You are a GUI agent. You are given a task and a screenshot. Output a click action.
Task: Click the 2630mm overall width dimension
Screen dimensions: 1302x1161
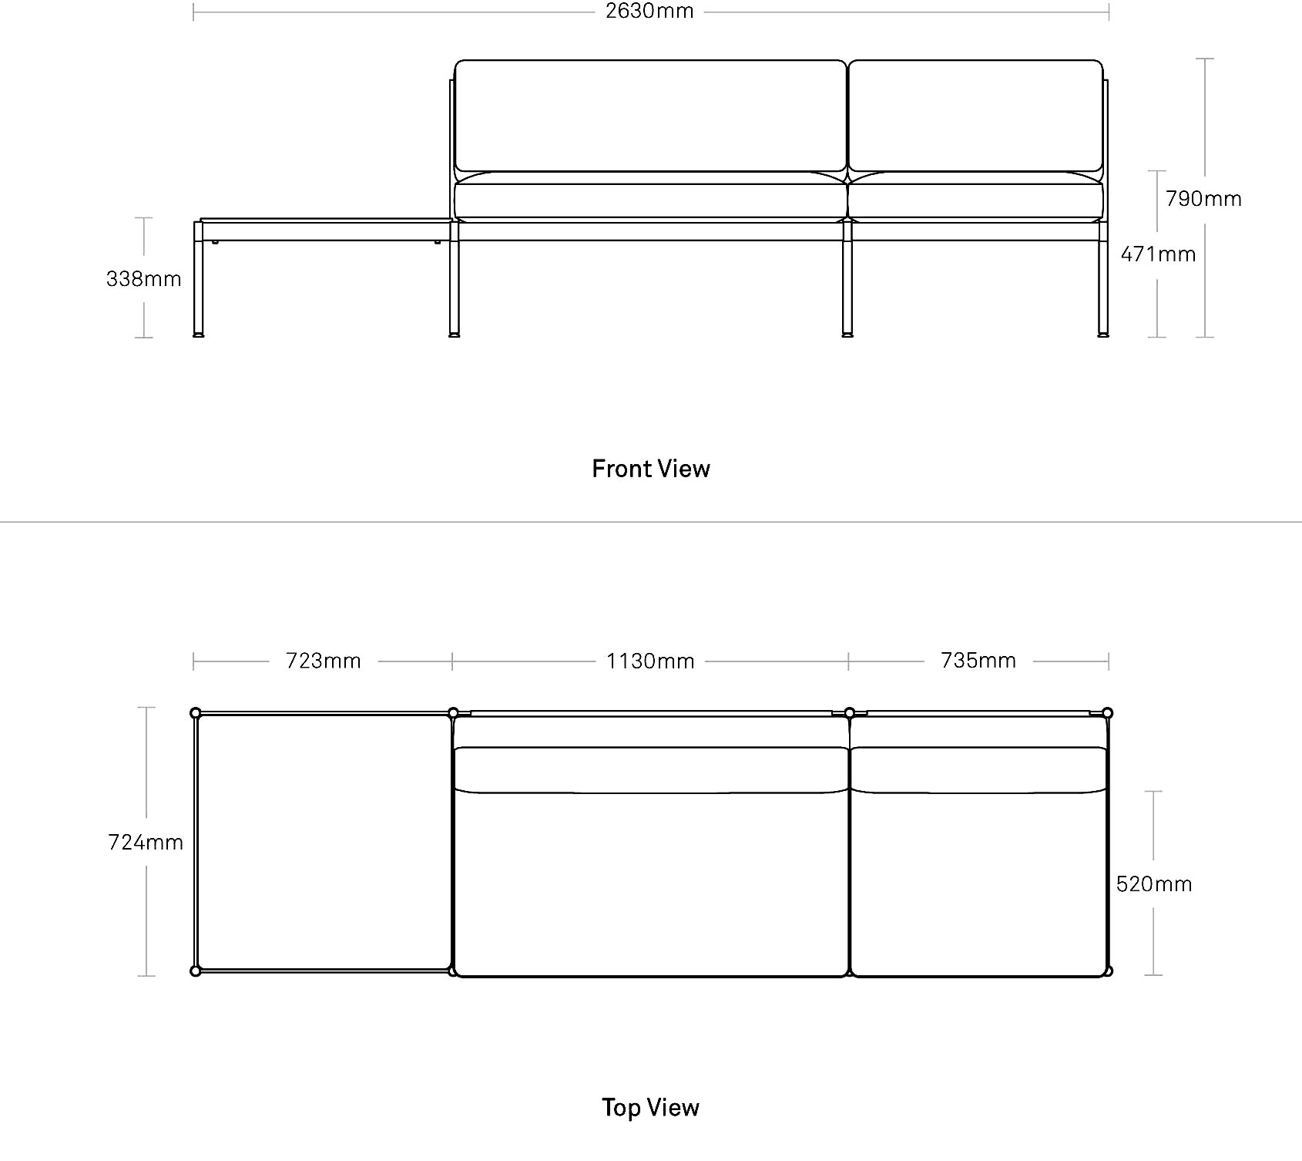pos(649,12)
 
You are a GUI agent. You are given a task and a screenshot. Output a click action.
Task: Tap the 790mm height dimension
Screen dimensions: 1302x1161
pos(1203,199)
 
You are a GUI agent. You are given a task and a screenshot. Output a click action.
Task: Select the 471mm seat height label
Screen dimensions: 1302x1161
pos(1158,254)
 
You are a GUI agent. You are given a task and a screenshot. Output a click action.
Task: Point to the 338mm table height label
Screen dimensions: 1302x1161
pos(144,279)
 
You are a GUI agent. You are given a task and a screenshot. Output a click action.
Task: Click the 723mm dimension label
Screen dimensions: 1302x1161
pos(324,661)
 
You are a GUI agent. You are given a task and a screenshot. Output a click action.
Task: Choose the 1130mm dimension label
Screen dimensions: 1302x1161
pos(650,661)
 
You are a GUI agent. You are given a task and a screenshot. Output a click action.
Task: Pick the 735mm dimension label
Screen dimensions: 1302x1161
pos(978,661)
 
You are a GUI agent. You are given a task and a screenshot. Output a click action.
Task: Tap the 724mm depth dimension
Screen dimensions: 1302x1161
pos(146,843)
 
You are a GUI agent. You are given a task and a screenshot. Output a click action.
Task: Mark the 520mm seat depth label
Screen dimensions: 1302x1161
pos(1154,884)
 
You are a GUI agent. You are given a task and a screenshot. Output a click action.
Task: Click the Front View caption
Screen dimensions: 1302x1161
pos(651,469)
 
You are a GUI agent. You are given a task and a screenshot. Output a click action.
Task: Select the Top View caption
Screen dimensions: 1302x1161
pos(651,1108)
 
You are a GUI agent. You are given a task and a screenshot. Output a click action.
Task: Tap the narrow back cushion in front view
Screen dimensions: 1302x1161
pos(976,116)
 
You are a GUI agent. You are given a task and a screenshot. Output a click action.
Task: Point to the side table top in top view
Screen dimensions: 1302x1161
pos(324,842)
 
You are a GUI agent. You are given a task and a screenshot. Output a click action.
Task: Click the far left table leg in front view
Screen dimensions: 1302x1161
pos(199,279)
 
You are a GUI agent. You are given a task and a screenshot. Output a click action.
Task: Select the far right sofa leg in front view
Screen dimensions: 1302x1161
pos(1103,279)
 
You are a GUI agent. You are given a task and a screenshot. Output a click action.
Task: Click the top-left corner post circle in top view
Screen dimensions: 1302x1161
pos(196,713)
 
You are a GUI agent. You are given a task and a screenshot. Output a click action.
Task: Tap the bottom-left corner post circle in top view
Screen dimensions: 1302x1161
pos(196,971)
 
